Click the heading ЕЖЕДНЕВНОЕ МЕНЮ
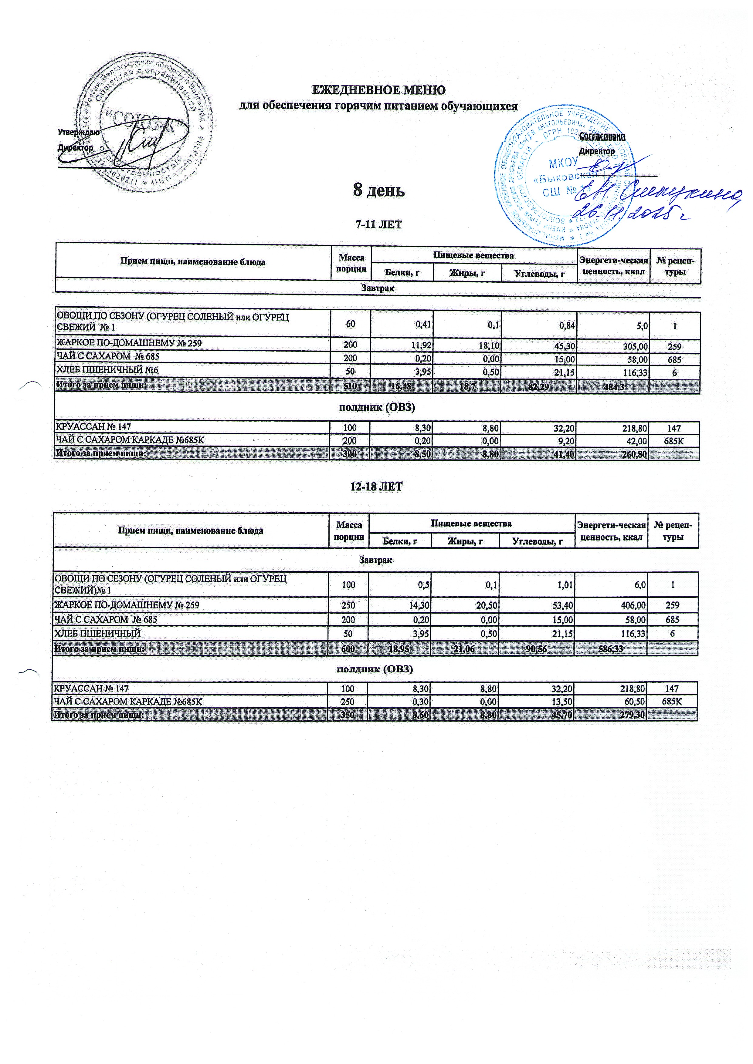coord(378,89)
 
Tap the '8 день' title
coord(378,190)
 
